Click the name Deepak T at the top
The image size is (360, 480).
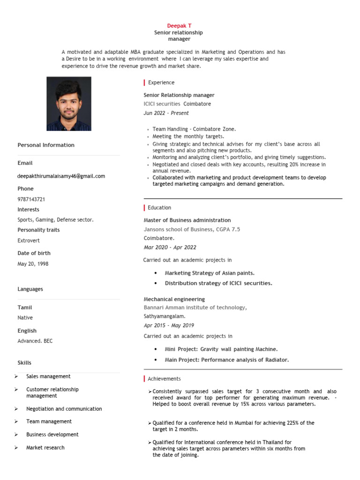click(x=180, y=25)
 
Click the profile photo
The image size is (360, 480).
click(x=69, y=104)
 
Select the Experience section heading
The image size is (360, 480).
click(x=161, y=82)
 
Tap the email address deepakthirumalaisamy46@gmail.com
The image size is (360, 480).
click(x=61, y=176)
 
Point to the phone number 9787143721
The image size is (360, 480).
click(x=31, y=199)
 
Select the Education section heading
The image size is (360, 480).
click(x=159, y=208)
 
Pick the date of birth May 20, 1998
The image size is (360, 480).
click(x=33, y=264)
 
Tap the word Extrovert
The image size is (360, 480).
click(x=29, y=240)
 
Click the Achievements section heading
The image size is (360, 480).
click(x=164, y=379)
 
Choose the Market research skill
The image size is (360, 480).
click(x=45, y=448)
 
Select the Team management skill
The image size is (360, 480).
click(x=49, y=421)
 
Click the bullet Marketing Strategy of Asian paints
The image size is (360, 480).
click(x=210, y=273)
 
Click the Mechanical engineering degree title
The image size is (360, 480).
click(x=174, y=299)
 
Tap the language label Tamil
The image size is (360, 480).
click(x=25, y=307)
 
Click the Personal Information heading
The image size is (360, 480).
click(x=46, y=145)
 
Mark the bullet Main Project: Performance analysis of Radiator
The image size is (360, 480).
click(x=226, y=360)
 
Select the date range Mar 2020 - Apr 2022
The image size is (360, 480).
click(x=170, y=247)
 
